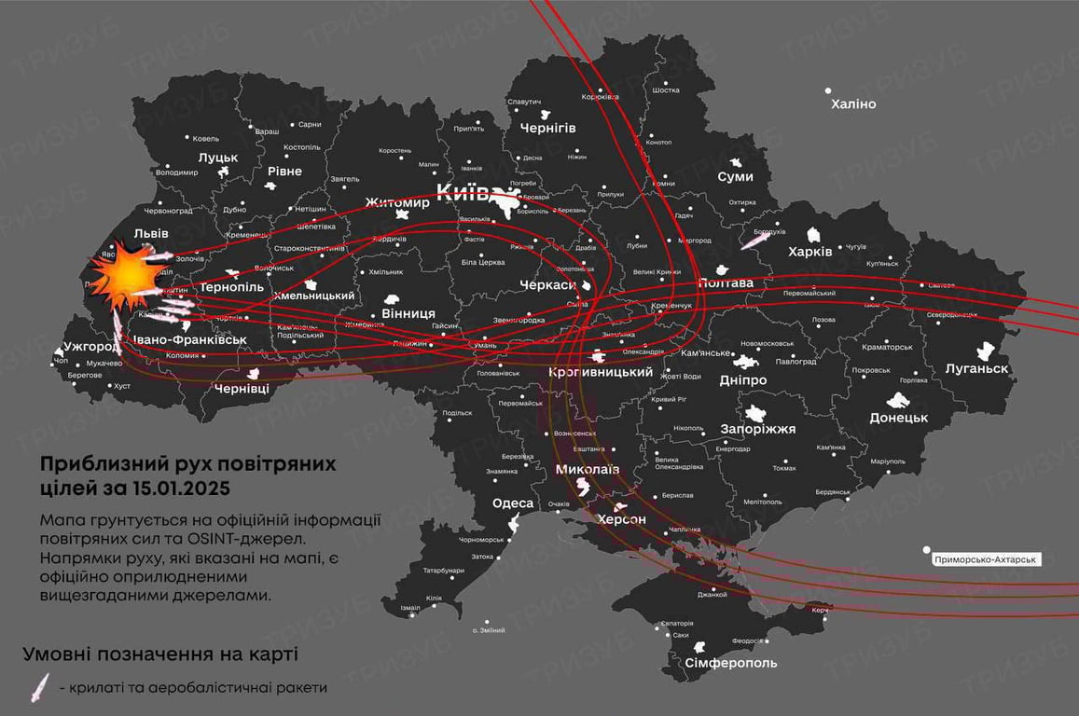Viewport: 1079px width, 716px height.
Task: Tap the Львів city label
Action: (125, 231)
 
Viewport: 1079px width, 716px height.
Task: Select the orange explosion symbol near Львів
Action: (125, 274)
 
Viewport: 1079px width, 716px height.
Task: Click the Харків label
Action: (809, 252)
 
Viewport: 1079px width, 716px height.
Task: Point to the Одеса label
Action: (513, 503)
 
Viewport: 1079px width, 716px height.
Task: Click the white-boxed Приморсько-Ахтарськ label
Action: (987, 559)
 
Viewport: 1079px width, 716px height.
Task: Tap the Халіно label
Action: (853, 104)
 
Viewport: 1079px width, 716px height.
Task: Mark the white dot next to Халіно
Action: (828, 91)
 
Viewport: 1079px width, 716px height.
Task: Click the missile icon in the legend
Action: (40, 687)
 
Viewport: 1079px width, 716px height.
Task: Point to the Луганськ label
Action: (976, 369)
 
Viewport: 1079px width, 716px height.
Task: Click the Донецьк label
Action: (898, 418)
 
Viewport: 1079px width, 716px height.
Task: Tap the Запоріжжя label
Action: (758, 429)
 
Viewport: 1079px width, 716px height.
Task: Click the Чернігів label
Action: (547, 128)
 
